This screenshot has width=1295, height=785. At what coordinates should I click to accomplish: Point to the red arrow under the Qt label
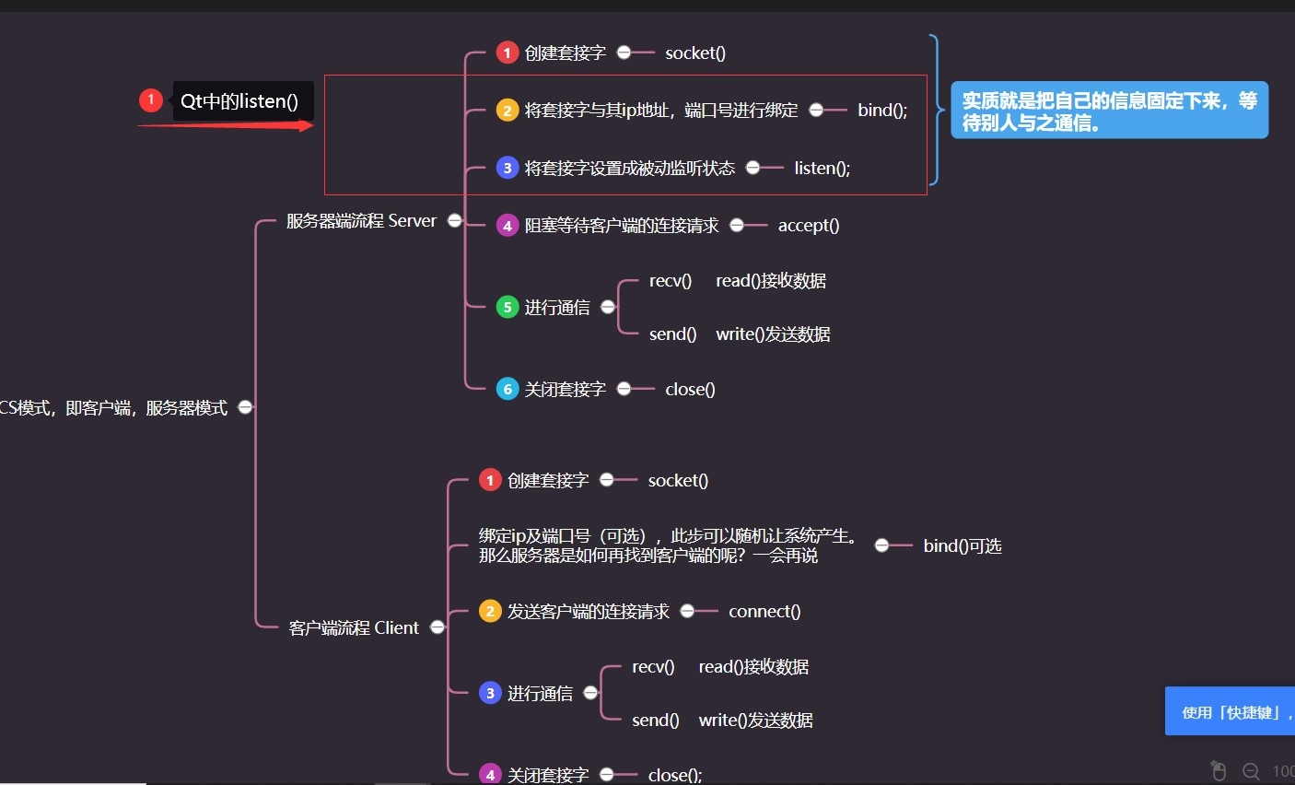(x=226, y=125)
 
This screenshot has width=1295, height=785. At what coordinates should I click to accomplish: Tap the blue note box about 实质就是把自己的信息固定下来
(x=1109, y=111)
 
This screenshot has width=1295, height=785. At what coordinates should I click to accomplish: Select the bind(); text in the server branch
(x=882, y=111)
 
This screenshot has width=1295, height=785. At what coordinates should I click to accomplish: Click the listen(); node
(x=822, y=168)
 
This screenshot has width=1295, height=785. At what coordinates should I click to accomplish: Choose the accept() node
(x=808, y=226)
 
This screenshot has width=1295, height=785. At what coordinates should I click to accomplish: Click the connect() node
(x=764, y=612)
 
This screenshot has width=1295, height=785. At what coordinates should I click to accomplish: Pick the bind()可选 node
(x=962, y=546)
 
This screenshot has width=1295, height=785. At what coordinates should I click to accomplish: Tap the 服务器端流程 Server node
(x=361, y=221)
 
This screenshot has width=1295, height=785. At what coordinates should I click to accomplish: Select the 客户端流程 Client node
(x=354, y=628)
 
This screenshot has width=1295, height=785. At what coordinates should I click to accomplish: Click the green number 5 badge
(x=507, y=307)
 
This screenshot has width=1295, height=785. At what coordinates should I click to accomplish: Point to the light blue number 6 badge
(x=507, y=389)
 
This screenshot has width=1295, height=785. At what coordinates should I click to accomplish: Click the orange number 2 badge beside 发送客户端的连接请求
(x=490, y=611)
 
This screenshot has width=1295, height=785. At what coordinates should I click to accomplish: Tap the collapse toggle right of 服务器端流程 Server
(x=454, y=220)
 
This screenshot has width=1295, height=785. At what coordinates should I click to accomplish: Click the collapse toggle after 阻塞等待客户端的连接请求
(x=737, y=225)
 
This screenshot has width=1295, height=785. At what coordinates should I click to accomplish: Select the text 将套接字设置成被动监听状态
(x=629, y=168)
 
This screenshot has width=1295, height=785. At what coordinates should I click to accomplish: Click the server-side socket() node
(x=695, y=53)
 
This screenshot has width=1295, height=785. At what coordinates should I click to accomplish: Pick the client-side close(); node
(x=675, y=775)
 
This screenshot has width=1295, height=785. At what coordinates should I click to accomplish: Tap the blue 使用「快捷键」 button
(x=1230, y=711)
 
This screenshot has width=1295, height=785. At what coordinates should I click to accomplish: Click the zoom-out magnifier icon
(x=1251, y=771)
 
